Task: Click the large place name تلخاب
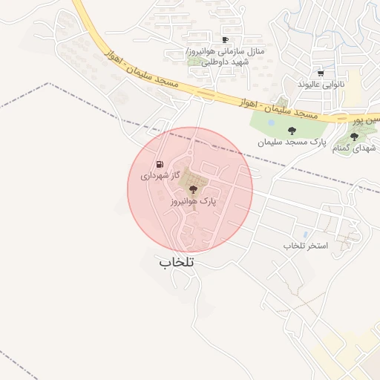(176, 263)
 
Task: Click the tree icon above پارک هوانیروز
(194, 190)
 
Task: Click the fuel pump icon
(159, 164)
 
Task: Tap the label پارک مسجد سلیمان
(292, 141)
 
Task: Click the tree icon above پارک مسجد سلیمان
(300, 131)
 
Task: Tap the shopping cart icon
(320, 73)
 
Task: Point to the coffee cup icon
(225, 40)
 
